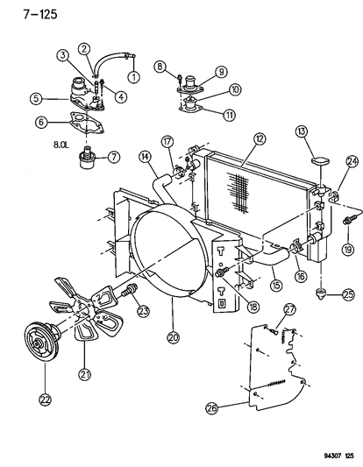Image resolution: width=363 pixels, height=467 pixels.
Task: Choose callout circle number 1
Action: (x=133, y=77)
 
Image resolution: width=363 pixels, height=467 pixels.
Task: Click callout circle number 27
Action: (x=290, y=331)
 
